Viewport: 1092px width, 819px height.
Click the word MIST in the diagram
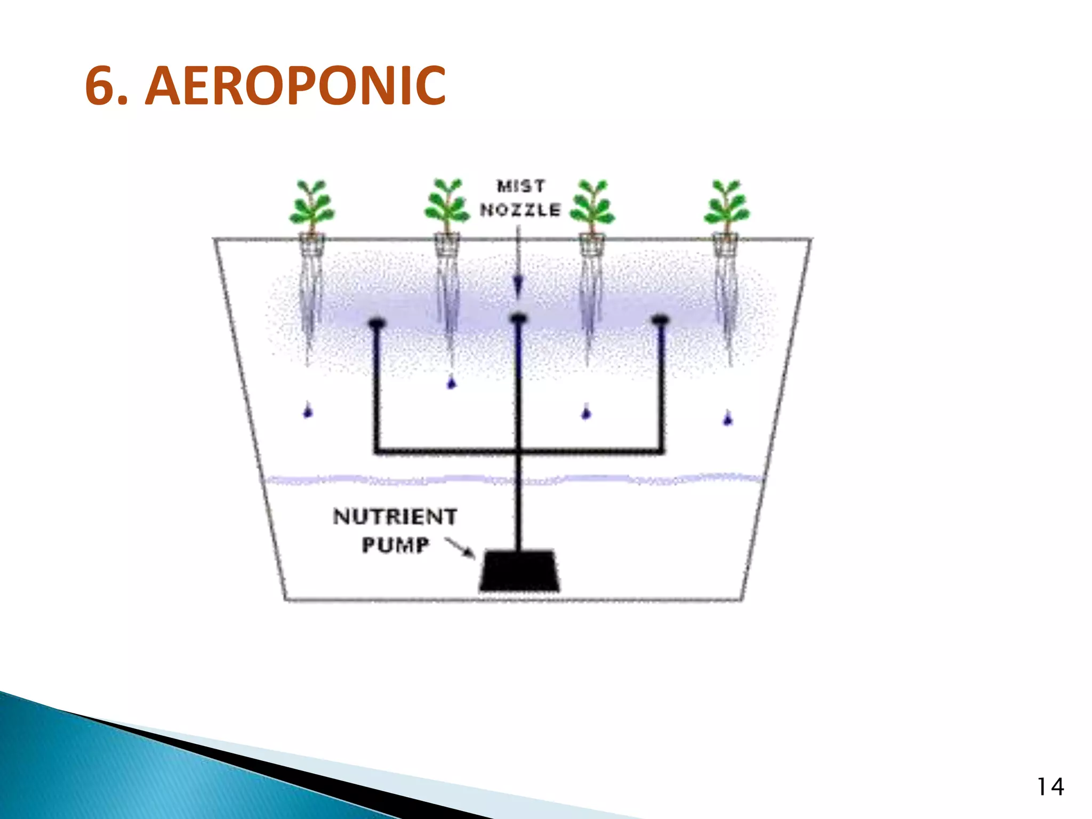coord(521,186)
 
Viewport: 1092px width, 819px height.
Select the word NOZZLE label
coord(520,210)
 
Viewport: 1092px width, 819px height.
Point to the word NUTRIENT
coord(395,517)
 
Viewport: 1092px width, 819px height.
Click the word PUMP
coord(395,545)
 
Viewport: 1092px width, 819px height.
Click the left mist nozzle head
coord(376,323)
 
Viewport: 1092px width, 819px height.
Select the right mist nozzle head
coord(660,320)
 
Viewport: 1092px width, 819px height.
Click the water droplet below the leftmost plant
coord(308,412)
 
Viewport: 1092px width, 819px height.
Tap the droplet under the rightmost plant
coord(727,419)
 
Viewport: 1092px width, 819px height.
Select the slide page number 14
coord(1050,787)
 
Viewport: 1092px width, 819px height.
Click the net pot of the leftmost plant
coord(312,245)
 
